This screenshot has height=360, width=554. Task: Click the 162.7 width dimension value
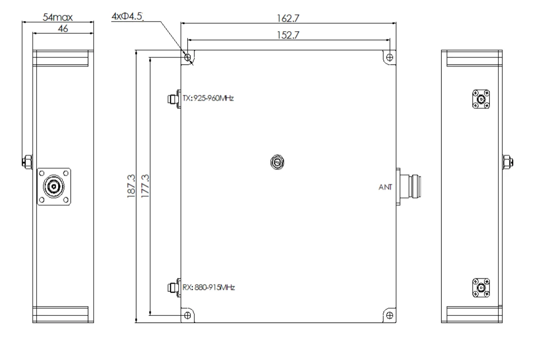(288, 18)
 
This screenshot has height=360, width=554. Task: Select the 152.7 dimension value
(288, 35)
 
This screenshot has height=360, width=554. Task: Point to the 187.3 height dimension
(131, 186)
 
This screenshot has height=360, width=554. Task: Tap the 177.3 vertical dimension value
(145, 186)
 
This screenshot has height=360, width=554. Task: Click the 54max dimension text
(58, 17)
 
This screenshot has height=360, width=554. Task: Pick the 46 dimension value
(63, 29)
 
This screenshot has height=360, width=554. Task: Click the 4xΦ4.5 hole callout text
(127, 16)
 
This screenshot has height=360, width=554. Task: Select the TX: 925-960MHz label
(208, 98)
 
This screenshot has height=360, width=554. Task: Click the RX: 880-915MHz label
(208, 287)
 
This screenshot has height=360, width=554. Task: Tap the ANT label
(385, 187)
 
